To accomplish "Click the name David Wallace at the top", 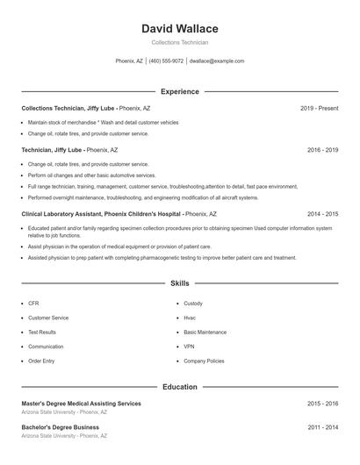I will click(180, 28).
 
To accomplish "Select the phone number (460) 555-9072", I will click(166, 61).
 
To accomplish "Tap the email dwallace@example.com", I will click(217, 61).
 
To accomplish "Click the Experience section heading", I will click(180, 91).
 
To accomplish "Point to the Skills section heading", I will click(180, 283).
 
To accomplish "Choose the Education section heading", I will click(180, 387).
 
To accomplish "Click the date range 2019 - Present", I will click(319, 108).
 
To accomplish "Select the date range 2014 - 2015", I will click(322, 213).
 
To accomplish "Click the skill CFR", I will click(33, 303).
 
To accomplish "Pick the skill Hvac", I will click(190, 318).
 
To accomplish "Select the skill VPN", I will click(189, 347).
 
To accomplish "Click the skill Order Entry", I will click(41, 361).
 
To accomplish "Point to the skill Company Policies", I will click(204, 361).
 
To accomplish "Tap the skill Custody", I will click(193, 303).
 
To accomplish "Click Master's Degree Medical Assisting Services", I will click(81, 404).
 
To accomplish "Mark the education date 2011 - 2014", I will click(322, 427).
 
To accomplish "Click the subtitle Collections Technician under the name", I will click(180, 42).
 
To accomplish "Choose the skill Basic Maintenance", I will click(205, 332).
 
